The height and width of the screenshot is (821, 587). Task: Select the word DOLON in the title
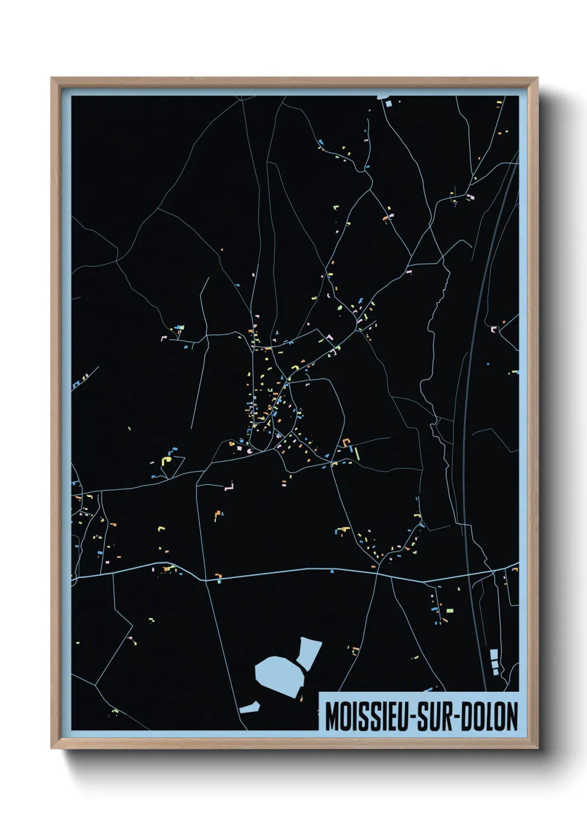coord(489,716)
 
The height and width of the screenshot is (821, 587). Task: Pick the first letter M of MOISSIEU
coord(332,716)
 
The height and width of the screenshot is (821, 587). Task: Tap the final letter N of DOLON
coord(512,716)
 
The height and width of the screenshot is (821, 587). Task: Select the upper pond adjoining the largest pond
coord(309,652)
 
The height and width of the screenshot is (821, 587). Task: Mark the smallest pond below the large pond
coord(250,707)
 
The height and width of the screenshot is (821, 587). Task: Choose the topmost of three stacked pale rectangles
coord(493,653)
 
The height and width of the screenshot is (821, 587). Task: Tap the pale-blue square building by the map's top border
coord(388,103)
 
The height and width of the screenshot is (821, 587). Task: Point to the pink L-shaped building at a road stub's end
coord(229,488)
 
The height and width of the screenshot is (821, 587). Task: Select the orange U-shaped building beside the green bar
coord(347,443)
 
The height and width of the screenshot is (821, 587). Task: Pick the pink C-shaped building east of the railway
coord(493,329)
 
